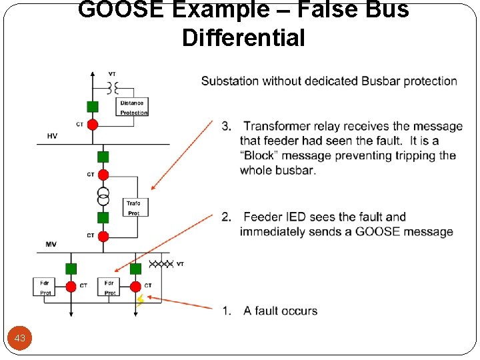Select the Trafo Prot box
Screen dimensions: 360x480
pos(135,207)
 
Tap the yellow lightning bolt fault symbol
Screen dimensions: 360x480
pos(141,301)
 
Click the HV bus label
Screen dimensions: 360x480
pos(52,135)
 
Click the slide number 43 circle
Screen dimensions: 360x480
pos(20,338)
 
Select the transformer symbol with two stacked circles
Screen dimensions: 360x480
pos(103,197)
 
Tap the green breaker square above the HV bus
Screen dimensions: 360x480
pos(93,106)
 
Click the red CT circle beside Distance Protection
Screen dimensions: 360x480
pos(93,124)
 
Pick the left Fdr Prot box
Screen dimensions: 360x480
pos(45,287)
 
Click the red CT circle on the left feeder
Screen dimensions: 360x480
pos(71,287)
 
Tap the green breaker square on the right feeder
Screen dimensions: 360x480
pos(135,269)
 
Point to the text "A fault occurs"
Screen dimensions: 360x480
pos(280,311)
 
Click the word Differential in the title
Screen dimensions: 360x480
pos(243,38)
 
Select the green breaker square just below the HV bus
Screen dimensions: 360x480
pos(103,157)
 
